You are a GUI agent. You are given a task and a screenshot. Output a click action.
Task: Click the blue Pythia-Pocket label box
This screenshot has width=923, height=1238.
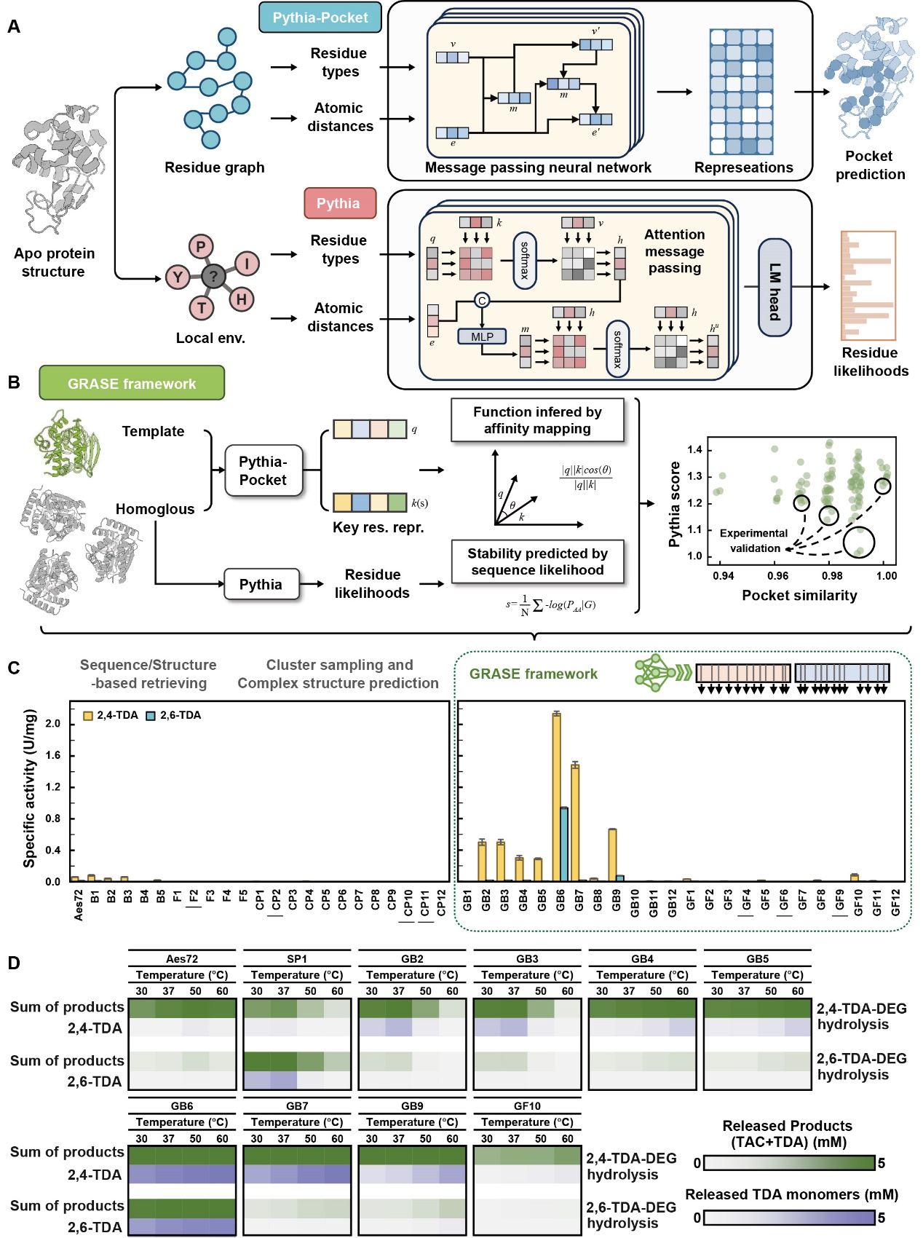(320, 18)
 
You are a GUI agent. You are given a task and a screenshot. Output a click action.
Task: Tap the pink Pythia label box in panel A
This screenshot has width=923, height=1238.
(339, 203)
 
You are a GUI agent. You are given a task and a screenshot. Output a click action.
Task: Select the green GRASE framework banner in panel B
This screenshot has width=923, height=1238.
(132, 384)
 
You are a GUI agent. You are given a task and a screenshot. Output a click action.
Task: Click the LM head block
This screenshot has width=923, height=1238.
(775, 288)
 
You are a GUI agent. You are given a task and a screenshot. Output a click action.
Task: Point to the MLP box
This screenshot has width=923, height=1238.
(482, 336)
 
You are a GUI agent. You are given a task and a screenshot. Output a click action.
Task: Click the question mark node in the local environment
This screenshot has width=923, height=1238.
(213, 276)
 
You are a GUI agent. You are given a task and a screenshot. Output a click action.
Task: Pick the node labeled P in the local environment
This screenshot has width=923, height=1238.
(201, 246)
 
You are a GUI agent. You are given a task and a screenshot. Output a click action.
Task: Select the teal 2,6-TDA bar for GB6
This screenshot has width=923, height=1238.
(564, 844)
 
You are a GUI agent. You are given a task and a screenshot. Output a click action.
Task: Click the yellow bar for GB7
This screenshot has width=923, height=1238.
(575, 823)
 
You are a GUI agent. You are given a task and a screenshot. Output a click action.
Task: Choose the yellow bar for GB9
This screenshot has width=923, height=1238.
(612, 855)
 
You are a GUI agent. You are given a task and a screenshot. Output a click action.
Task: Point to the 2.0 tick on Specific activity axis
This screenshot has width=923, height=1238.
(53, 724)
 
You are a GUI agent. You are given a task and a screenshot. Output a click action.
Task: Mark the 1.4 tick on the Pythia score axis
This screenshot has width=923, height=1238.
(694, 449)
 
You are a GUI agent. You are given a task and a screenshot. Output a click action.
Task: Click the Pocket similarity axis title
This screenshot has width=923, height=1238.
(799, 595)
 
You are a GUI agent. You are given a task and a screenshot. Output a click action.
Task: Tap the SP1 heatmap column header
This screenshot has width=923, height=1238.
(297, 959)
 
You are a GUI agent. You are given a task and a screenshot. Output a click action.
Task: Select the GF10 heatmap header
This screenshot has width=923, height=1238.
(527, 1105)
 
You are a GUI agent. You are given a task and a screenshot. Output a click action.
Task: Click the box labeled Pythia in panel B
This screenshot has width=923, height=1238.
(261, 584)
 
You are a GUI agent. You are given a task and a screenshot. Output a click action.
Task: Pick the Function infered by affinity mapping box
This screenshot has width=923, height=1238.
(537, 420)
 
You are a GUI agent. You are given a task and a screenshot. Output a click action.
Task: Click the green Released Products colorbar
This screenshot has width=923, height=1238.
(789, 1163)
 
